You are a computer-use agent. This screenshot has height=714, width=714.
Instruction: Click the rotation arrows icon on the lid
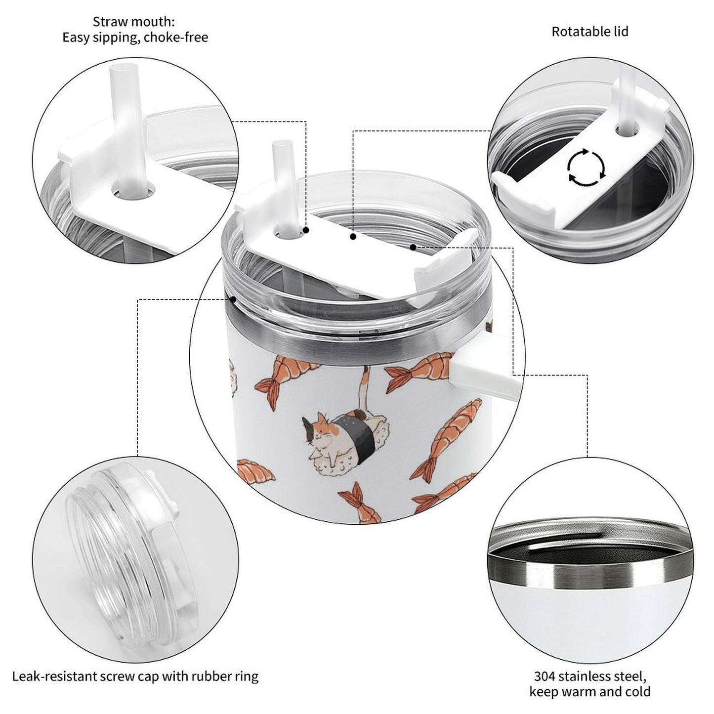tap(587, 168)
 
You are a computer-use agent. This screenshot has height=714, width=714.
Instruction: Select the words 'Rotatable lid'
tap(590, 32)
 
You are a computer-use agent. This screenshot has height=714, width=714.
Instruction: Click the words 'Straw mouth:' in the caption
tap(134, 22)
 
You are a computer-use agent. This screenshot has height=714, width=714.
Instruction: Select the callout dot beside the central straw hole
tap(306, 230)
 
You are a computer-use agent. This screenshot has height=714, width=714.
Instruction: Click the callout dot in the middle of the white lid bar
tap(353, 236)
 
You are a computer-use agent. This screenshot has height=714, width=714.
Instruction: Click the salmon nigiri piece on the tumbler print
tap(255, 470)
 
